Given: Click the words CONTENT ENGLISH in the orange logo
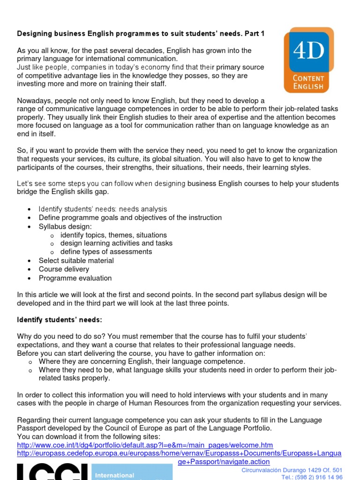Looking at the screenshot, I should pos(308,82).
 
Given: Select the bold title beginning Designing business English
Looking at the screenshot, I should pos(141,33).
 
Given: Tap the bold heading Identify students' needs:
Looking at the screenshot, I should pos(60,320).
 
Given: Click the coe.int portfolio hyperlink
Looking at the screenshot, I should pos(145,445).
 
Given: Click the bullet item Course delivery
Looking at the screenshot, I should pos(64,269).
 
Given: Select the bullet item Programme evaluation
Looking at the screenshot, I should pos(75,278).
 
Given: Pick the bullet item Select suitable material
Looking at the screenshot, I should pos(76,261).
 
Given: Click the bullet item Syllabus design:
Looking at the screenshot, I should pos(65,226).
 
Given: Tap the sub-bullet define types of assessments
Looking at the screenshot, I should pos(106,252).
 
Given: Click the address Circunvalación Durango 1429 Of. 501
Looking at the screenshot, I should pos(292,470).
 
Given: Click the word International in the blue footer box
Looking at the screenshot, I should pos(114,475).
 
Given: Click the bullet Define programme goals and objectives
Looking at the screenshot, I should pos(130,217).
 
